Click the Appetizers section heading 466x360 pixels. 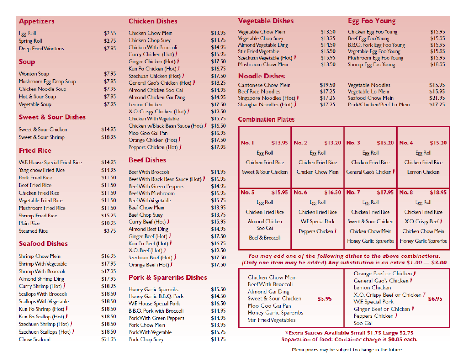[x=37, y=21]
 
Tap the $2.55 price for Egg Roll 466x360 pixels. [x=110, y=33]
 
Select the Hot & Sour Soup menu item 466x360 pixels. [x=37, y=97]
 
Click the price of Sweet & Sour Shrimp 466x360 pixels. [x=108, y=137]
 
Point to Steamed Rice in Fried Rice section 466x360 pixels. [x=33, y=231]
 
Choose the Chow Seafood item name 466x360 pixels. [x=35, y=339]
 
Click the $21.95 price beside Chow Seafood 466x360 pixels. [x=108, y=339]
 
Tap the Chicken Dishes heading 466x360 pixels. [x=153, y=21]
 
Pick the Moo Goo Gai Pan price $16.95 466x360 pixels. [x=218, y=133]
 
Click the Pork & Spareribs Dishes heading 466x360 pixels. [x=168, y=277]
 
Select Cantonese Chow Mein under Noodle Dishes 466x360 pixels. [x=264, y=85]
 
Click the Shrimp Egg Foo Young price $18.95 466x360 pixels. [x=437, y=64]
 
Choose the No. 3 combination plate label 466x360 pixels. [x=353, y=143]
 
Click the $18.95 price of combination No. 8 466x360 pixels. [x=438, y=193]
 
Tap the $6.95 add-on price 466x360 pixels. [x=435, y=299]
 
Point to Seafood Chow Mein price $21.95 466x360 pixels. [x=437, y=98]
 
